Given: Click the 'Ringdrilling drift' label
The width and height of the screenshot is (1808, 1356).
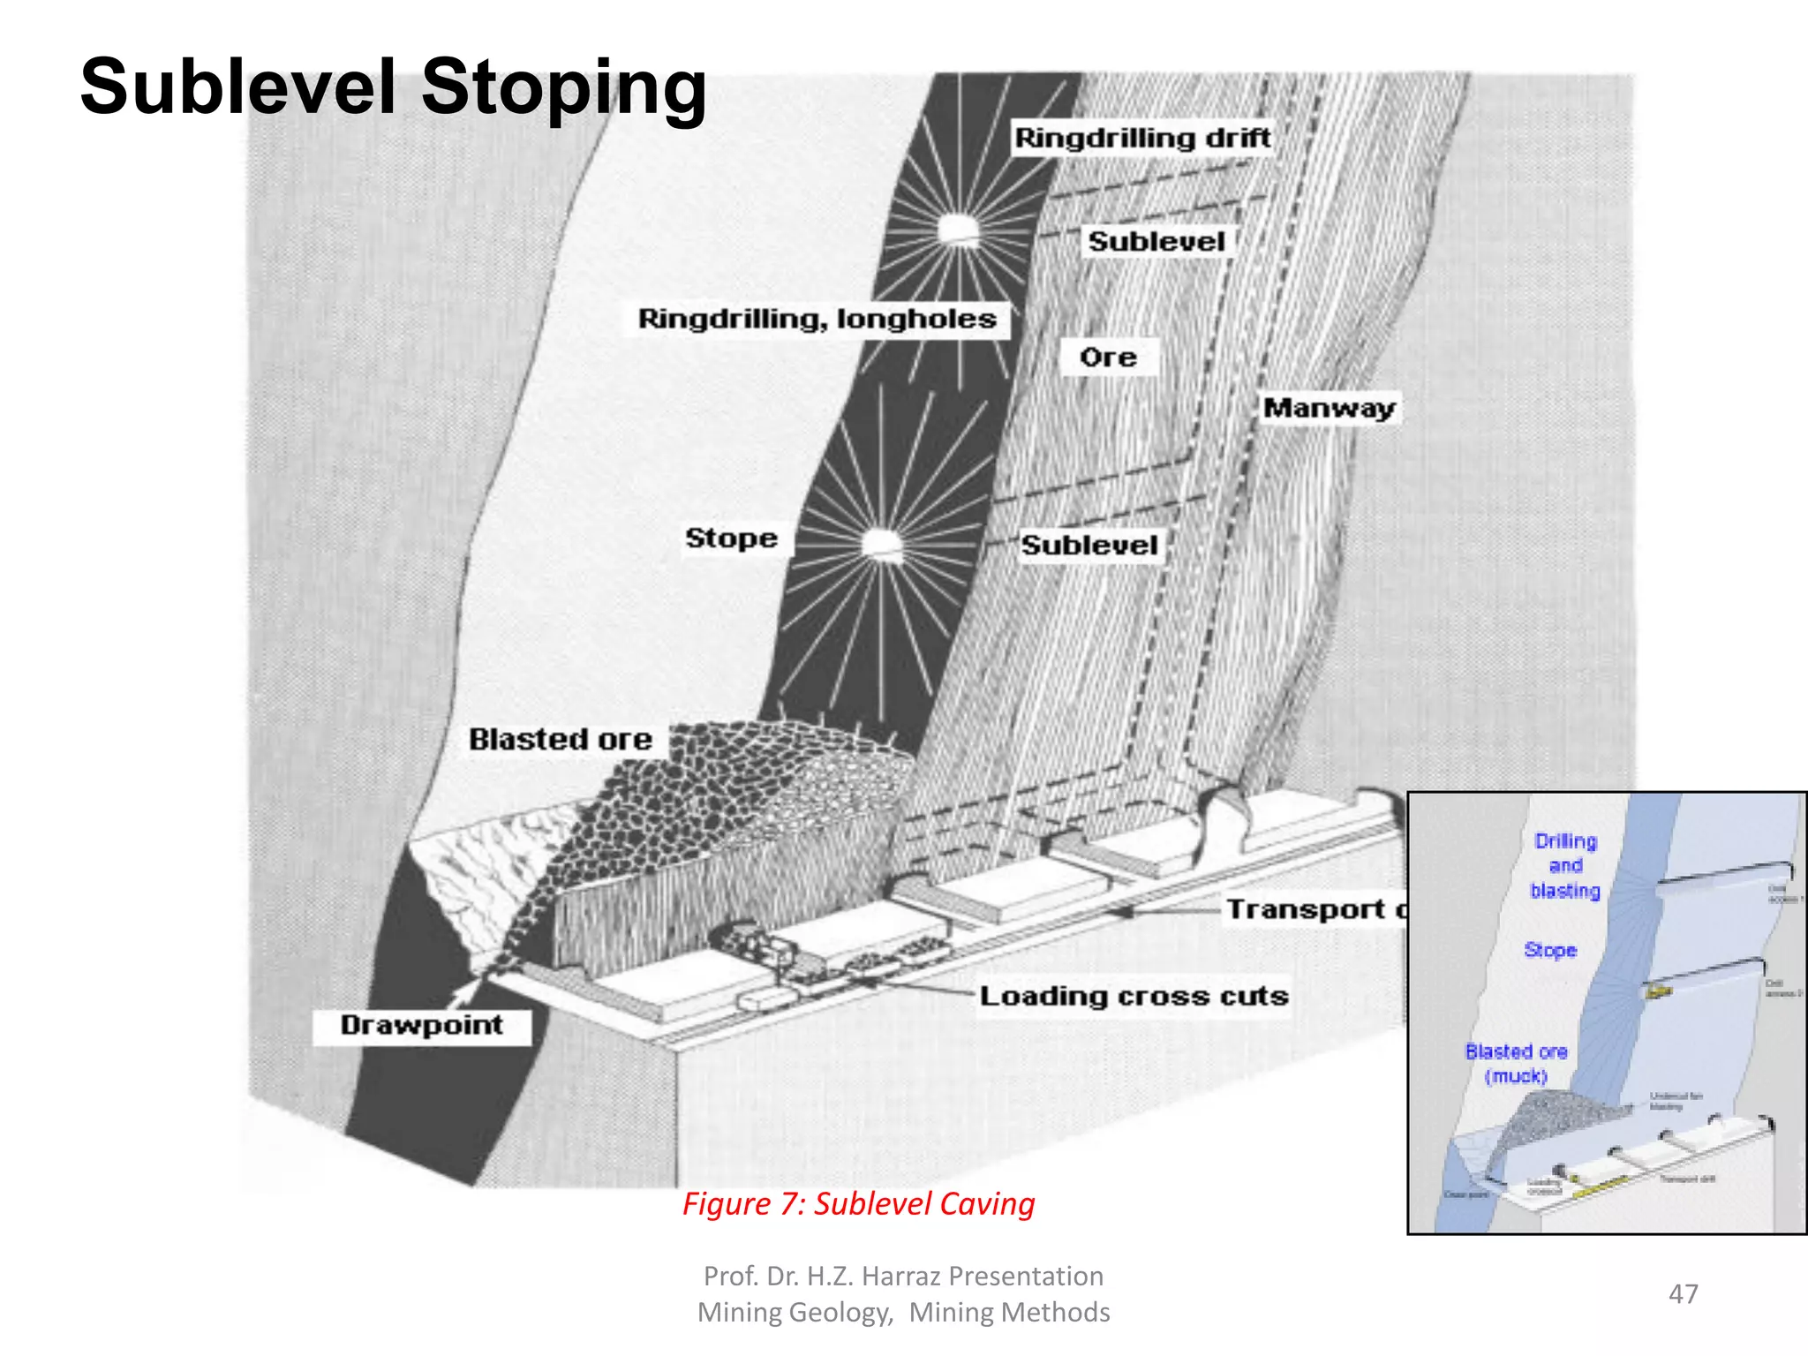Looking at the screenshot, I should point(1141,139).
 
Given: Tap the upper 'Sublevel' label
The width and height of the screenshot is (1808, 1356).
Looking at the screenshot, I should point(1156,242).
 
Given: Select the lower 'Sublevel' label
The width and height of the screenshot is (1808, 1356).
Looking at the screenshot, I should point(1089,546).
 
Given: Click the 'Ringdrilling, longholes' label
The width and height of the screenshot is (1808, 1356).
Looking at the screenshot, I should point(817,319).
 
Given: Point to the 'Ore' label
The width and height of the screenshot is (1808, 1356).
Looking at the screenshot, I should point(1108,358).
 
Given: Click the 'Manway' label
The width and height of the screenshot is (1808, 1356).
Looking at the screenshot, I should point(1329,408).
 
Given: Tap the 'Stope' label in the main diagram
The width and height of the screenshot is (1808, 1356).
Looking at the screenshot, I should point(731,539).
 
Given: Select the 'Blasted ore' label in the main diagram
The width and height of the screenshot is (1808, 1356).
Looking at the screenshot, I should point(560,740).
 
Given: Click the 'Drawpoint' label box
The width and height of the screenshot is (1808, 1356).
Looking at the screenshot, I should point(422,1026).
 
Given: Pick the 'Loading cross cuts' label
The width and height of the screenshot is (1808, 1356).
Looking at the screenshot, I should point(1134,997).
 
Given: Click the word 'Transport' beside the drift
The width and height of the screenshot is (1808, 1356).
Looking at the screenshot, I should point(1306,909).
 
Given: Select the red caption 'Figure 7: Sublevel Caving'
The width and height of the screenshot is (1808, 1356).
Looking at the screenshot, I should point(858,1204).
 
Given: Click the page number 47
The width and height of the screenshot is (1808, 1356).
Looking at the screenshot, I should point(1683,1294).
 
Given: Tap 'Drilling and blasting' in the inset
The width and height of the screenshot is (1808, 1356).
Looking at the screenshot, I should point(1565,866).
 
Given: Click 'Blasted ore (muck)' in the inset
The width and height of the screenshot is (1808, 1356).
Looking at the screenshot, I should point(1516,1064).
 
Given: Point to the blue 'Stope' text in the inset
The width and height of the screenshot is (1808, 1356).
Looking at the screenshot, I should point(1550,951).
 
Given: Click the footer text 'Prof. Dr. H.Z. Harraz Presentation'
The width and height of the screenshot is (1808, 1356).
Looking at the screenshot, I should point(903,1277).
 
